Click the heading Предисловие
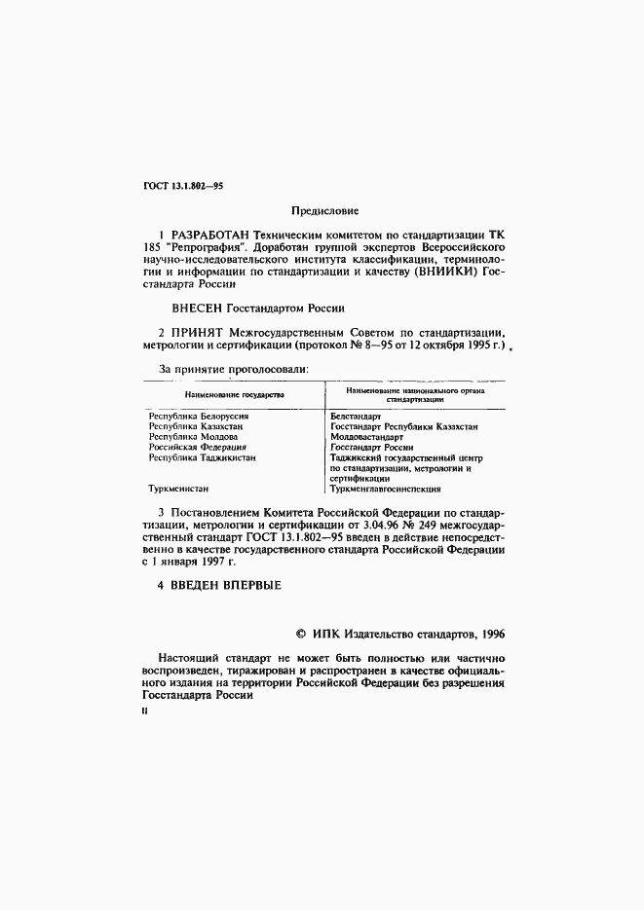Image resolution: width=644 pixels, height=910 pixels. [324, 210]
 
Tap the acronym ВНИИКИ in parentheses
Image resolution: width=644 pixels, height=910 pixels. [444, 273]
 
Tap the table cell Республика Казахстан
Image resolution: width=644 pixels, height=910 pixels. [195, 426]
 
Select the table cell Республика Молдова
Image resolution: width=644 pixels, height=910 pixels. [190, 437]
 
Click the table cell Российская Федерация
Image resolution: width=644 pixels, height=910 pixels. [197, 448]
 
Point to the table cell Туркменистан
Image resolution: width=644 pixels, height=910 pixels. [178, 490]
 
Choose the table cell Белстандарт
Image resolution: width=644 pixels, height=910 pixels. [356, 416]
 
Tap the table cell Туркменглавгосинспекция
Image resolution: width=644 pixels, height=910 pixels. [386, 490]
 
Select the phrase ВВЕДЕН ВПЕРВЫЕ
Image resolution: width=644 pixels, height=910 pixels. [226, 585]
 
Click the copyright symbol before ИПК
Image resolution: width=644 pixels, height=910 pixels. [301, 634]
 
